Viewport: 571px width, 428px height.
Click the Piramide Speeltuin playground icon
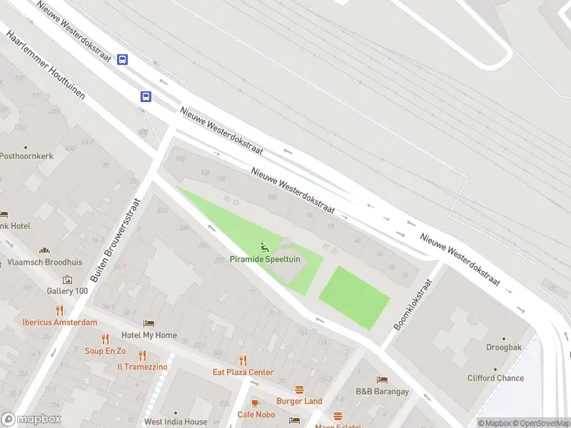265,248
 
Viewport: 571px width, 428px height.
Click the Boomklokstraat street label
413,305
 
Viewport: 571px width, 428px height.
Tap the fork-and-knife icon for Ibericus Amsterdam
59,310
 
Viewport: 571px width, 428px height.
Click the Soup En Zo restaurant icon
105,340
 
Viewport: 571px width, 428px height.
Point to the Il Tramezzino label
143,367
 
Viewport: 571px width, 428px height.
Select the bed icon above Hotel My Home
148,324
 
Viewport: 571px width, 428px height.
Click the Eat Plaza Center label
243,372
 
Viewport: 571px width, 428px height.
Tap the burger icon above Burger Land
299,389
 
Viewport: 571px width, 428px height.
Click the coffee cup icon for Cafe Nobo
256,403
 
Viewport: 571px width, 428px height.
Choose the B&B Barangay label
382,392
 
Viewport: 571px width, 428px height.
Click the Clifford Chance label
496,378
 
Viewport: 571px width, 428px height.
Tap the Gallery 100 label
67,291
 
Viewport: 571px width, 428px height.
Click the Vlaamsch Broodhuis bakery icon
45,250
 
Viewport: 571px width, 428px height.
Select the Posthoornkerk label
26,156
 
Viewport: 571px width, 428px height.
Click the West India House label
176,422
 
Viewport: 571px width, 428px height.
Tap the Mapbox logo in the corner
31,419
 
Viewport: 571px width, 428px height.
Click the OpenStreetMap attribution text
540,423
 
